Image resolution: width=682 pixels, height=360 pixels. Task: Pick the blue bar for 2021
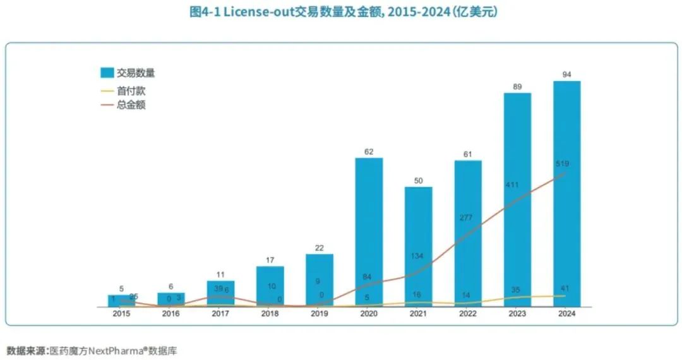click(418, 246)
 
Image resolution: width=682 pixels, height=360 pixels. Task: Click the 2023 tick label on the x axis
click(517, 313)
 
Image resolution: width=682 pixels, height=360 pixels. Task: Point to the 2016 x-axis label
click(171, 313)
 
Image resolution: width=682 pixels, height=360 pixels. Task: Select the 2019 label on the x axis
click(319, 313)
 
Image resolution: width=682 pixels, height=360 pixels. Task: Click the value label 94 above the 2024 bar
click(567, 75)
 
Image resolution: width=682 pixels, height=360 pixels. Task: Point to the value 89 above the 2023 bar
click(517, 87)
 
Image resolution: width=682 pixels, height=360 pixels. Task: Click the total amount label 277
click(468, 218)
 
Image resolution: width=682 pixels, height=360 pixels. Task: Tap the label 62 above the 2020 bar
click(369, 152)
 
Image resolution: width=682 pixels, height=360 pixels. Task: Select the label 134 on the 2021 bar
click(418, 256)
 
